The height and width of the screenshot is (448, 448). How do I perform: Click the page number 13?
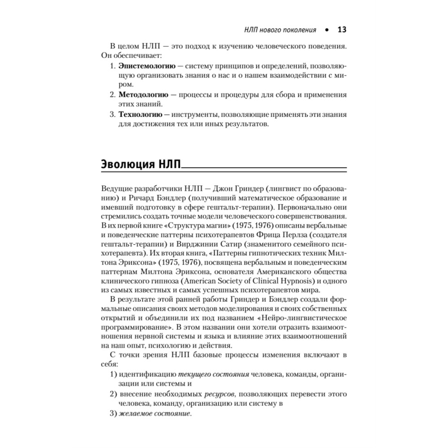click(341, 30)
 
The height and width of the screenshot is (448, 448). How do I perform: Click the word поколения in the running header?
click(297, 30)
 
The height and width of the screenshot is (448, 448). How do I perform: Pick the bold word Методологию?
click(143, 95)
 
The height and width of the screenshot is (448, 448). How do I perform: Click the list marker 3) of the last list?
click(113, 414)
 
